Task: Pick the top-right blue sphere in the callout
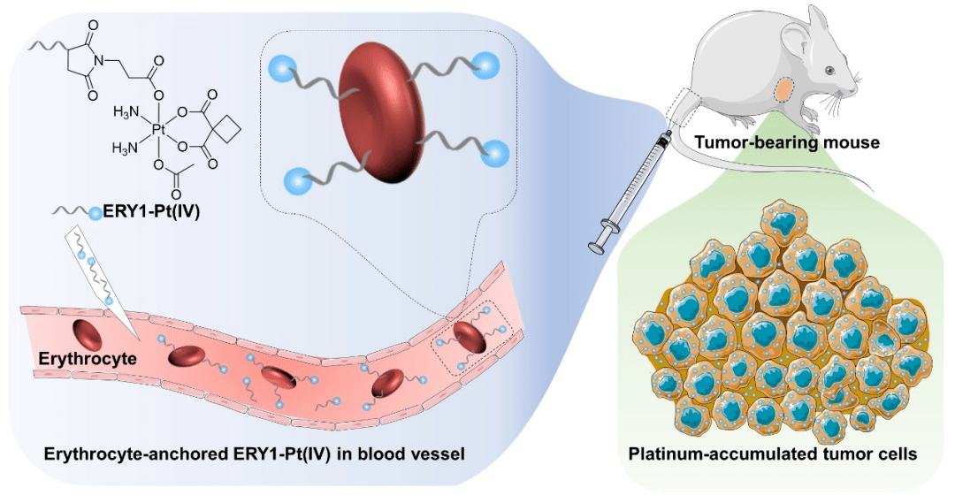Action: tap(485, 63)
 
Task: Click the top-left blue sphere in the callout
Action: tap(282, 65)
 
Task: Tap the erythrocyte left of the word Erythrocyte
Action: tap(88, 335)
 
